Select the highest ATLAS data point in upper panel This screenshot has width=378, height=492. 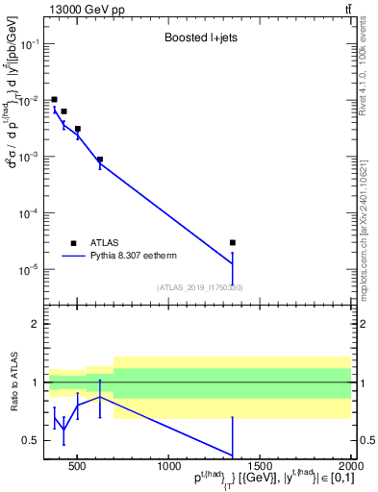[55, 99]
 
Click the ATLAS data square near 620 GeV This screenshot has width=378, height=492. [100, 160]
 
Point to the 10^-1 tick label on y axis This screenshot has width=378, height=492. [30, 44]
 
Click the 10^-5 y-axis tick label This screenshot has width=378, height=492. [30, 269]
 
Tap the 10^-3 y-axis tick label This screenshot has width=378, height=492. [30, 157]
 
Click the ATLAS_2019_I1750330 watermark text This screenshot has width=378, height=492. [200, 287]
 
